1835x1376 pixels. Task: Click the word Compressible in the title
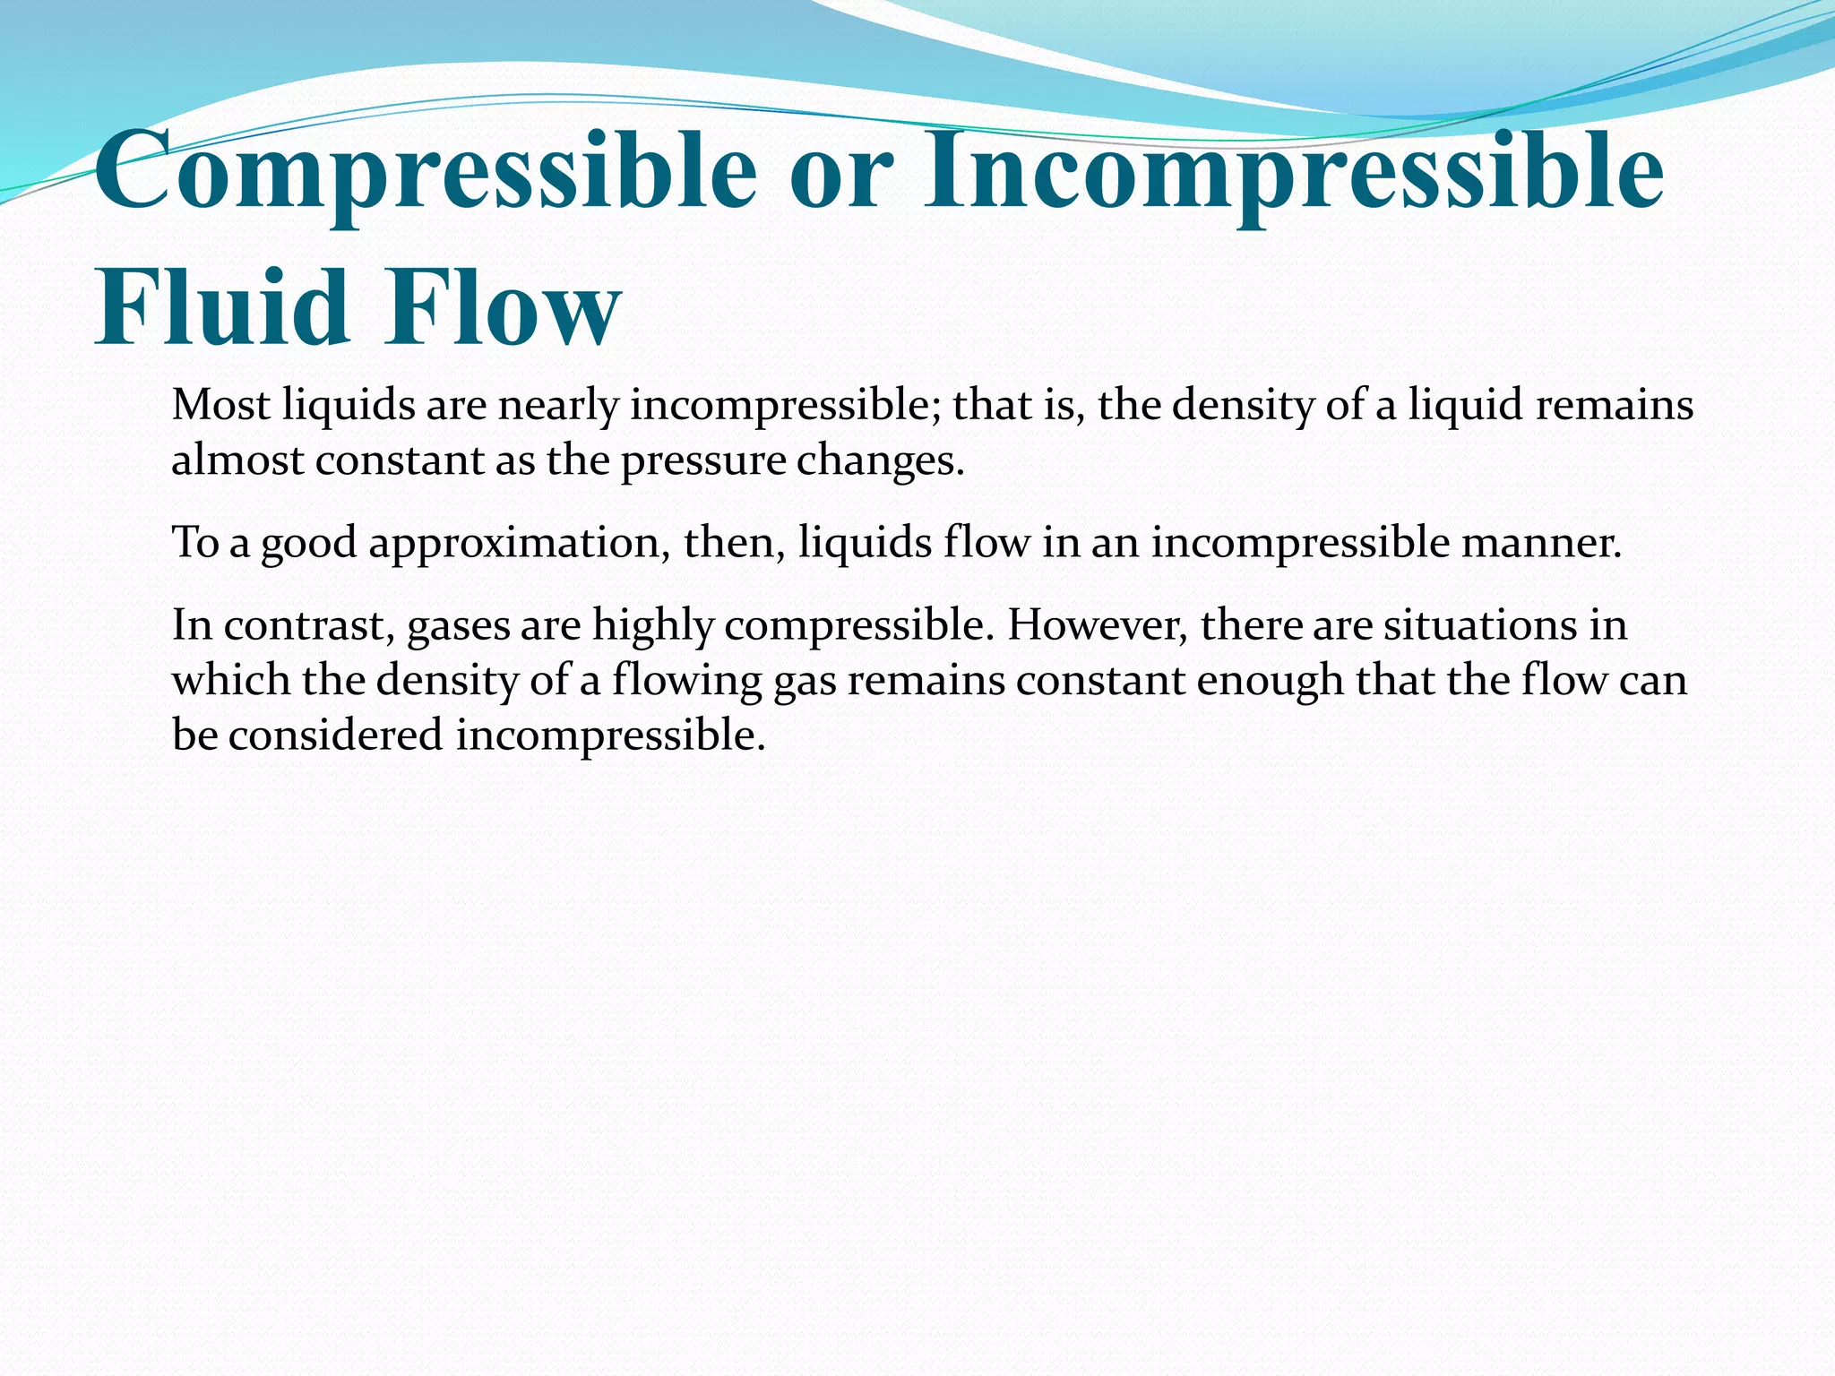[x=426, y=170]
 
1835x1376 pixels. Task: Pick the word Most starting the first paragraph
[x=220, y=405]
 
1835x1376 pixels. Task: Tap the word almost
[x=237, y=461]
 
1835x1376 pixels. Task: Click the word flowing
[x=686, y=681]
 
